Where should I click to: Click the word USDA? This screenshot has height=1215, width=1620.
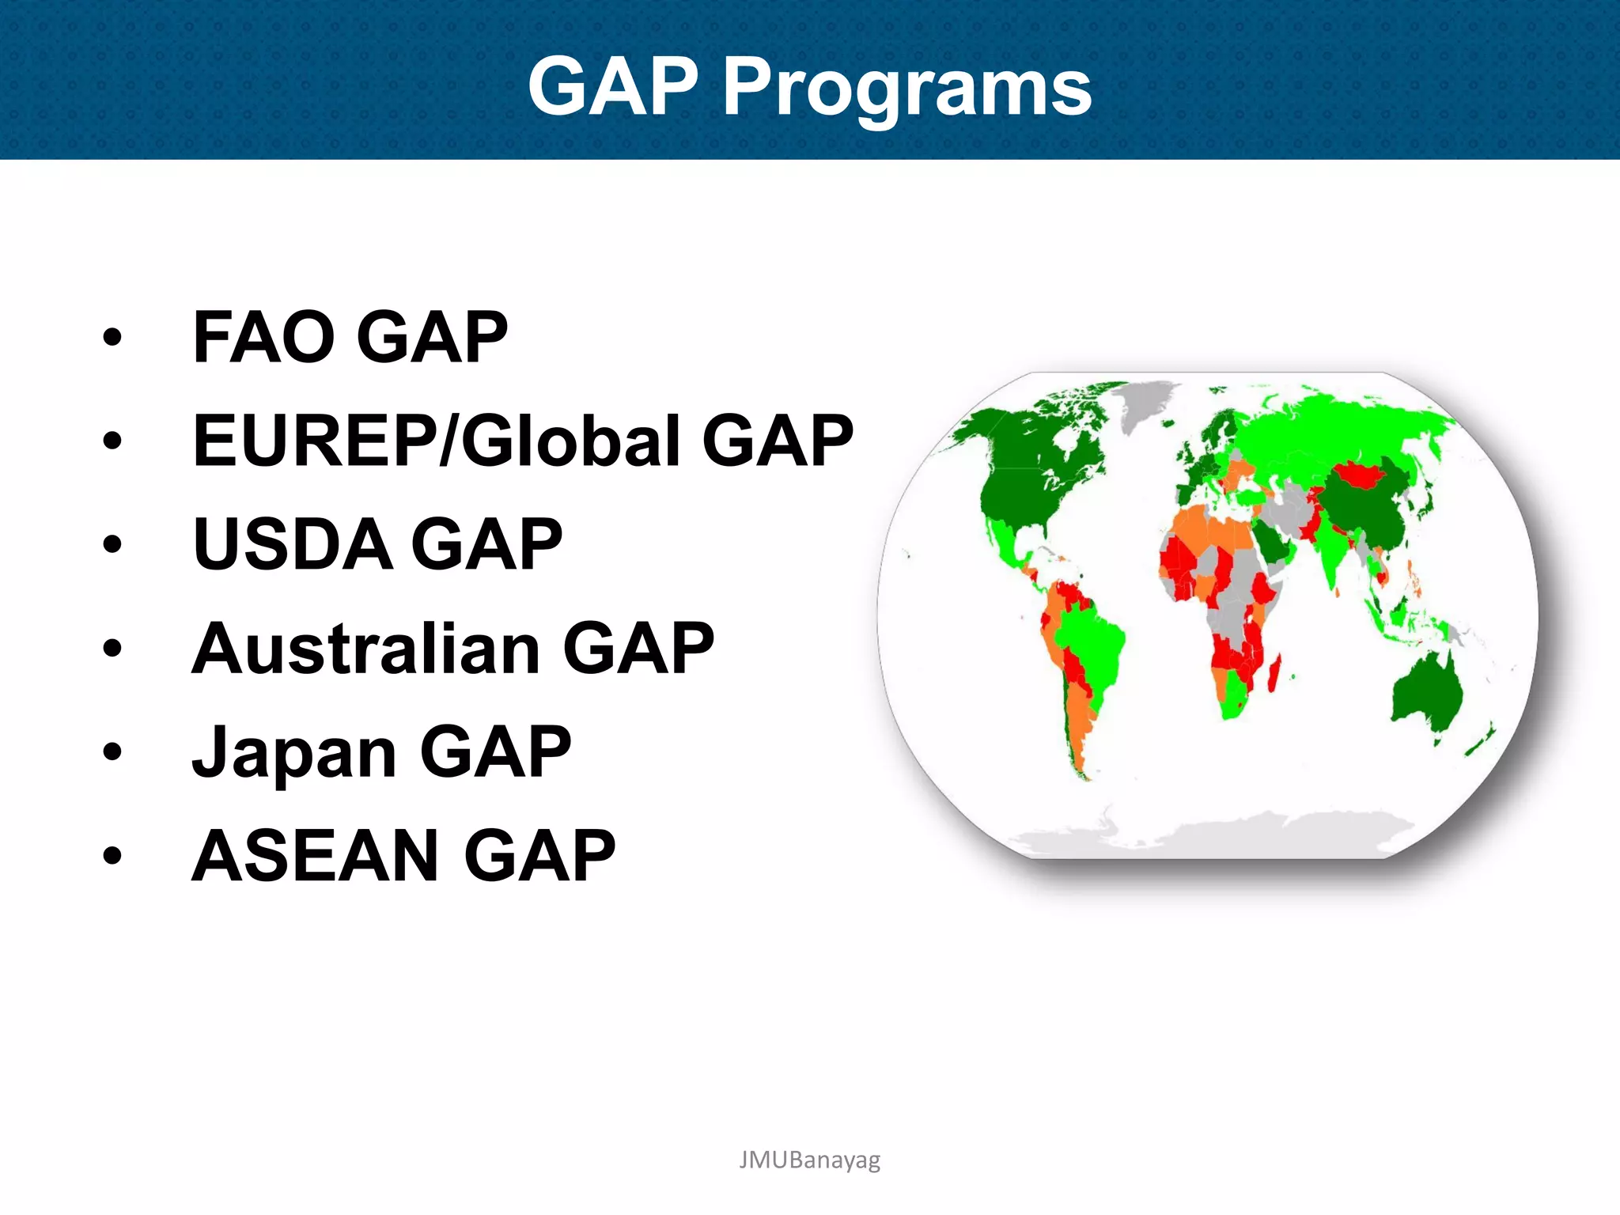click(x=293, y=544)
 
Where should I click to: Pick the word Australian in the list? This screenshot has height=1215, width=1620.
click(x=365, y=649)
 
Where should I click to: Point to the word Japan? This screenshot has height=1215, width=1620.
click(x=294, y=752)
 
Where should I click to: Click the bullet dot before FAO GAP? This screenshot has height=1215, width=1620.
click(x=112, y=338)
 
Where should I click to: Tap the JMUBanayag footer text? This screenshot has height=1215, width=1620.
click(x=809, y=1160)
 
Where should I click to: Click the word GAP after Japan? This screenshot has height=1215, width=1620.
click(x=495, y=752)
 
